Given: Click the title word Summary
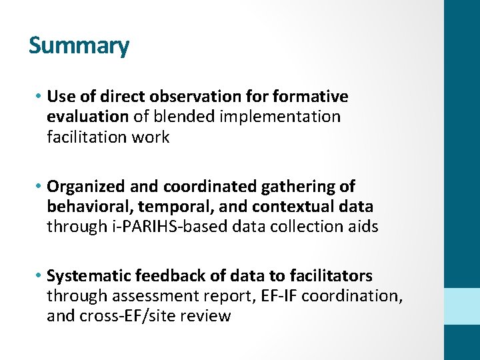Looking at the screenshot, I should [x=79, y=46].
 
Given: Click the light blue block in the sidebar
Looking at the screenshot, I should [x=462, y=306].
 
